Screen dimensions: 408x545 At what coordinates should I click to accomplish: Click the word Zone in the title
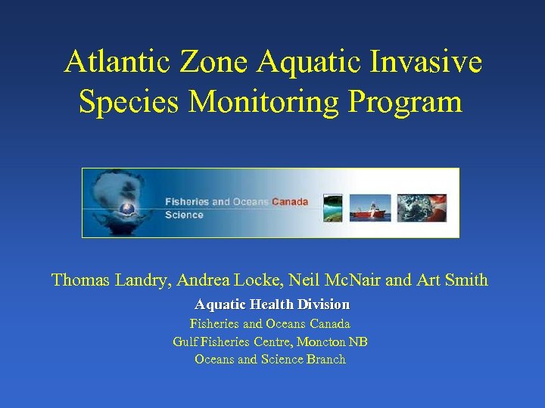click(x=216, y=62)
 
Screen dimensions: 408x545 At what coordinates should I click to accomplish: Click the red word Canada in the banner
click(x=290, y=202)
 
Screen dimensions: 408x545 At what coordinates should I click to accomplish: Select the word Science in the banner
click(x=184, y=215)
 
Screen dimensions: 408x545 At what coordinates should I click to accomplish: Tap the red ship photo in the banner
click(x=370, y=208)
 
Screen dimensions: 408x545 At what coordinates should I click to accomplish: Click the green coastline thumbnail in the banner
click(x=333, y=208)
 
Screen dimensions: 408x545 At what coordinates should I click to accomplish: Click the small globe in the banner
click(x=127, y=209)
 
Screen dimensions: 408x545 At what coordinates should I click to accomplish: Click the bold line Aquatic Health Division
click(x=272, y=304)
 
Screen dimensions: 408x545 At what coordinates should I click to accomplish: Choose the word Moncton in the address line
click(x=320, y=342)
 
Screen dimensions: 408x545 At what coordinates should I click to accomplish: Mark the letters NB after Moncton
click(x=358, y=342)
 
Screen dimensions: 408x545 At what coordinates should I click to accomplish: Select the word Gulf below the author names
click(x=185, y=342)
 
